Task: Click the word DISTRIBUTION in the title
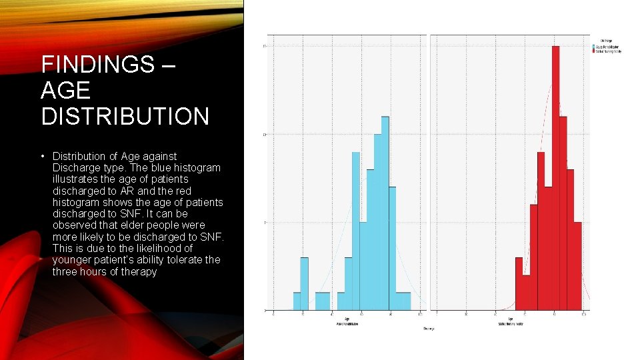point(125,116)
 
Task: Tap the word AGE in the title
point(65,90)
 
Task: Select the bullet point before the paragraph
point(43,156)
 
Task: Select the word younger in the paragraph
point(71,260)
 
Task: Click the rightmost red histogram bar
point(578,266)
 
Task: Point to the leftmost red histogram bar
point(519,283)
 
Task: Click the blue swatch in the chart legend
point(595,47)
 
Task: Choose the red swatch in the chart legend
point(595,51)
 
